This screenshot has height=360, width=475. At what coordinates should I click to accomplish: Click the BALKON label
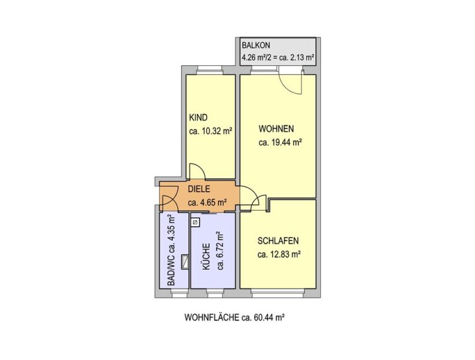256,46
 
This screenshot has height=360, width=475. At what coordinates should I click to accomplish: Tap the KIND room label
198,118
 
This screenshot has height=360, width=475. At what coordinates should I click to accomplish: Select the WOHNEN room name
276,128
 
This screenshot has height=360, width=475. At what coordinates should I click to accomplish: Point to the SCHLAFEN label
278,241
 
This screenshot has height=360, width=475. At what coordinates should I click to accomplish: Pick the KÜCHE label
207,257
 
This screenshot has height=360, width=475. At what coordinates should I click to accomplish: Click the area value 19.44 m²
280,142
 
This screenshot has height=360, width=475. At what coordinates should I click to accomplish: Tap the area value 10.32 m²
211,131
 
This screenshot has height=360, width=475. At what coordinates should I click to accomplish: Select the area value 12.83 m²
279,254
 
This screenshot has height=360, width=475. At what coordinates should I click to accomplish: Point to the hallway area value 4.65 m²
208,203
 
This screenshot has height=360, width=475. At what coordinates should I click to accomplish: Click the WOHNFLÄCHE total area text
234,317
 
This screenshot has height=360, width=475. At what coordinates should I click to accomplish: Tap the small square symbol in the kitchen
196,223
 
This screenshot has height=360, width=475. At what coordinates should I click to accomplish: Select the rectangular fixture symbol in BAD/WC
184,262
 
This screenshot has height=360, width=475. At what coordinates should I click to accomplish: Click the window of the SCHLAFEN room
277,292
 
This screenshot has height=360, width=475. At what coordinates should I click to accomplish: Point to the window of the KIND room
211,71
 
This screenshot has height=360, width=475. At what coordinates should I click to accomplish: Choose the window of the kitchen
216,292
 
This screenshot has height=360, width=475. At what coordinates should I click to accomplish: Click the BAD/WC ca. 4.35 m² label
171,250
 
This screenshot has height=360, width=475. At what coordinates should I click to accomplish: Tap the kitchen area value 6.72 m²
220,251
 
